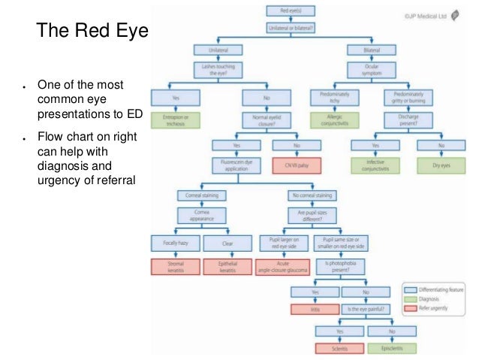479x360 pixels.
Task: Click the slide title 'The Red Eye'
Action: coord(94,32)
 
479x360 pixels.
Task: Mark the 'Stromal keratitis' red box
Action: coord(174,267)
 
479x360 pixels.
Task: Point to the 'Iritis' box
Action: coord(315,309)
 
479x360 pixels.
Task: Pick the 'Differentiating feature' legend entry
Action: coord(440,288)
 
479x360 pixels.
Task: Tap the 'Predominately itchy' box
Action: coord(330,97)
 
